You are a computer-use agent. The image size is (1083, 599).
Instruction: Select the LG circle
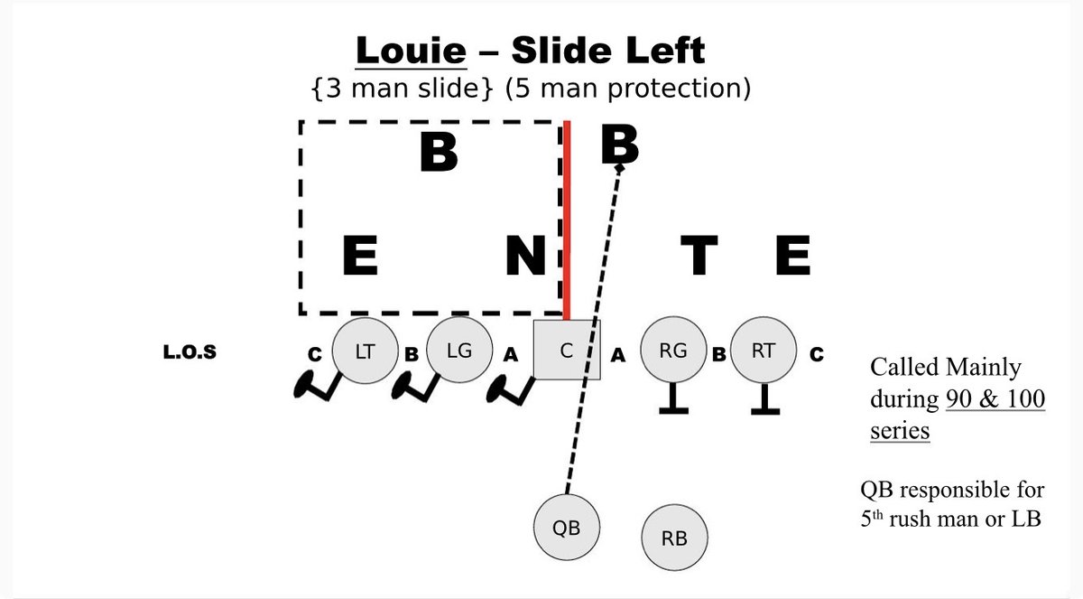tap(459, 351)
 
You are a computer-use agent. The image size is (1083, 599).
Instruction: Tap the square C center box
tap(567, 351)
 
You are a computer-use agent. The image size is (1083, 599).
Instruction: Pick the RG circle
tap(673, 351)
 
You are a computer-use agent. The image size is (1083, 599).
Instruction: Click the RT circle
tap(764, 351)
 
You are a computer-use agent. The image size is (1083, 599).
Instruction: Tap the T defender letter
tap(699, 257)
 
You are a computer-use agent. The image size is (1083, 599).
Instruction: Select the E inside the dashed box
tap(359, 257)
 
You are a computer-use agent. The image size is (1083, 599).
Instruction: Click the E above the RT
tap(793, 257)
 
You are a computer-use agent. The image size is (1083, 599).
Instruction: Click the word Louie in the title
tap(412, 51)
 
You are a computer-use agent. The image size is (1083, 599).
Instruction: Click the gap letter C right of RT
tap(817, 355)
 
